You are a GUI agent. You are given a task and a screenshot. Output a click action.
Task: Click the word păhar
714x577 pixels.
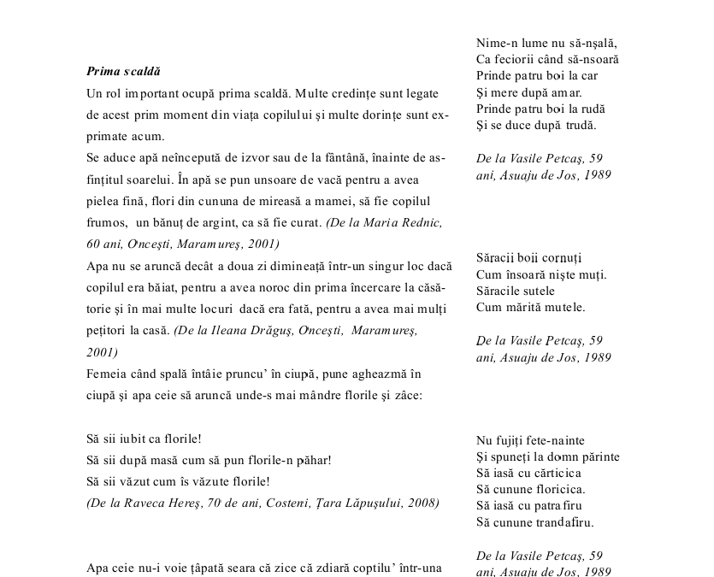pyautogui.click(x=313, y=460)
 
